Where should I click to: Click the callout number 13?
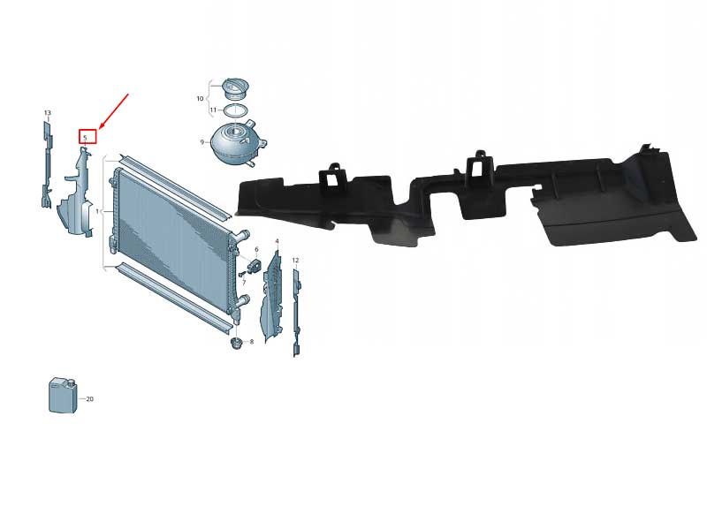pos(48,113)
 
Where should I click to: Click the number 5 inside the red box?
pos(85,138)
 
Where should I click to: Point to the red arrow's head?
pos(100,127)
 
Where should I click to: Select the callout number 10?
pos(201,98)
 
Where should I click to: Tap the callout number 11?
pos(213,110)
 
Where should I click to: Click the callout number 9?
pos(202,142)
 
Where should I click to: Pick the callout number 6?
pos(256,249)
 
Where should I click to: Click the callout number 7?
pos(244,283)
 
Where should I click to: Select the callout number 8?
pos(252,342)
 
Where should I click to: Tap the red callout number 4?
pos(277,241)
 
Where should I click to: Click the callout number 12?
pos(295,261)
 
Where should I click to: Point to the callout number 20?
pos(90,399)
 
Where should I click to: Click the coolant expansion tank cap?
pos(236,89)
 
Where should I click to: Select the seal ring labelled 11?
pos(235,110)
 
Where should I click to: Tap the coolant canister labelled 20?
pos(63,395)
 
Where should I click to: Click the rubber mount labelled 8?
pos(235,343)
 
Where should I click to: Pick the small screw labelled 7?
pos(242,273)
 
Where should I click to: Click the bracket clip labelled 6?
pos(254,266)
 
